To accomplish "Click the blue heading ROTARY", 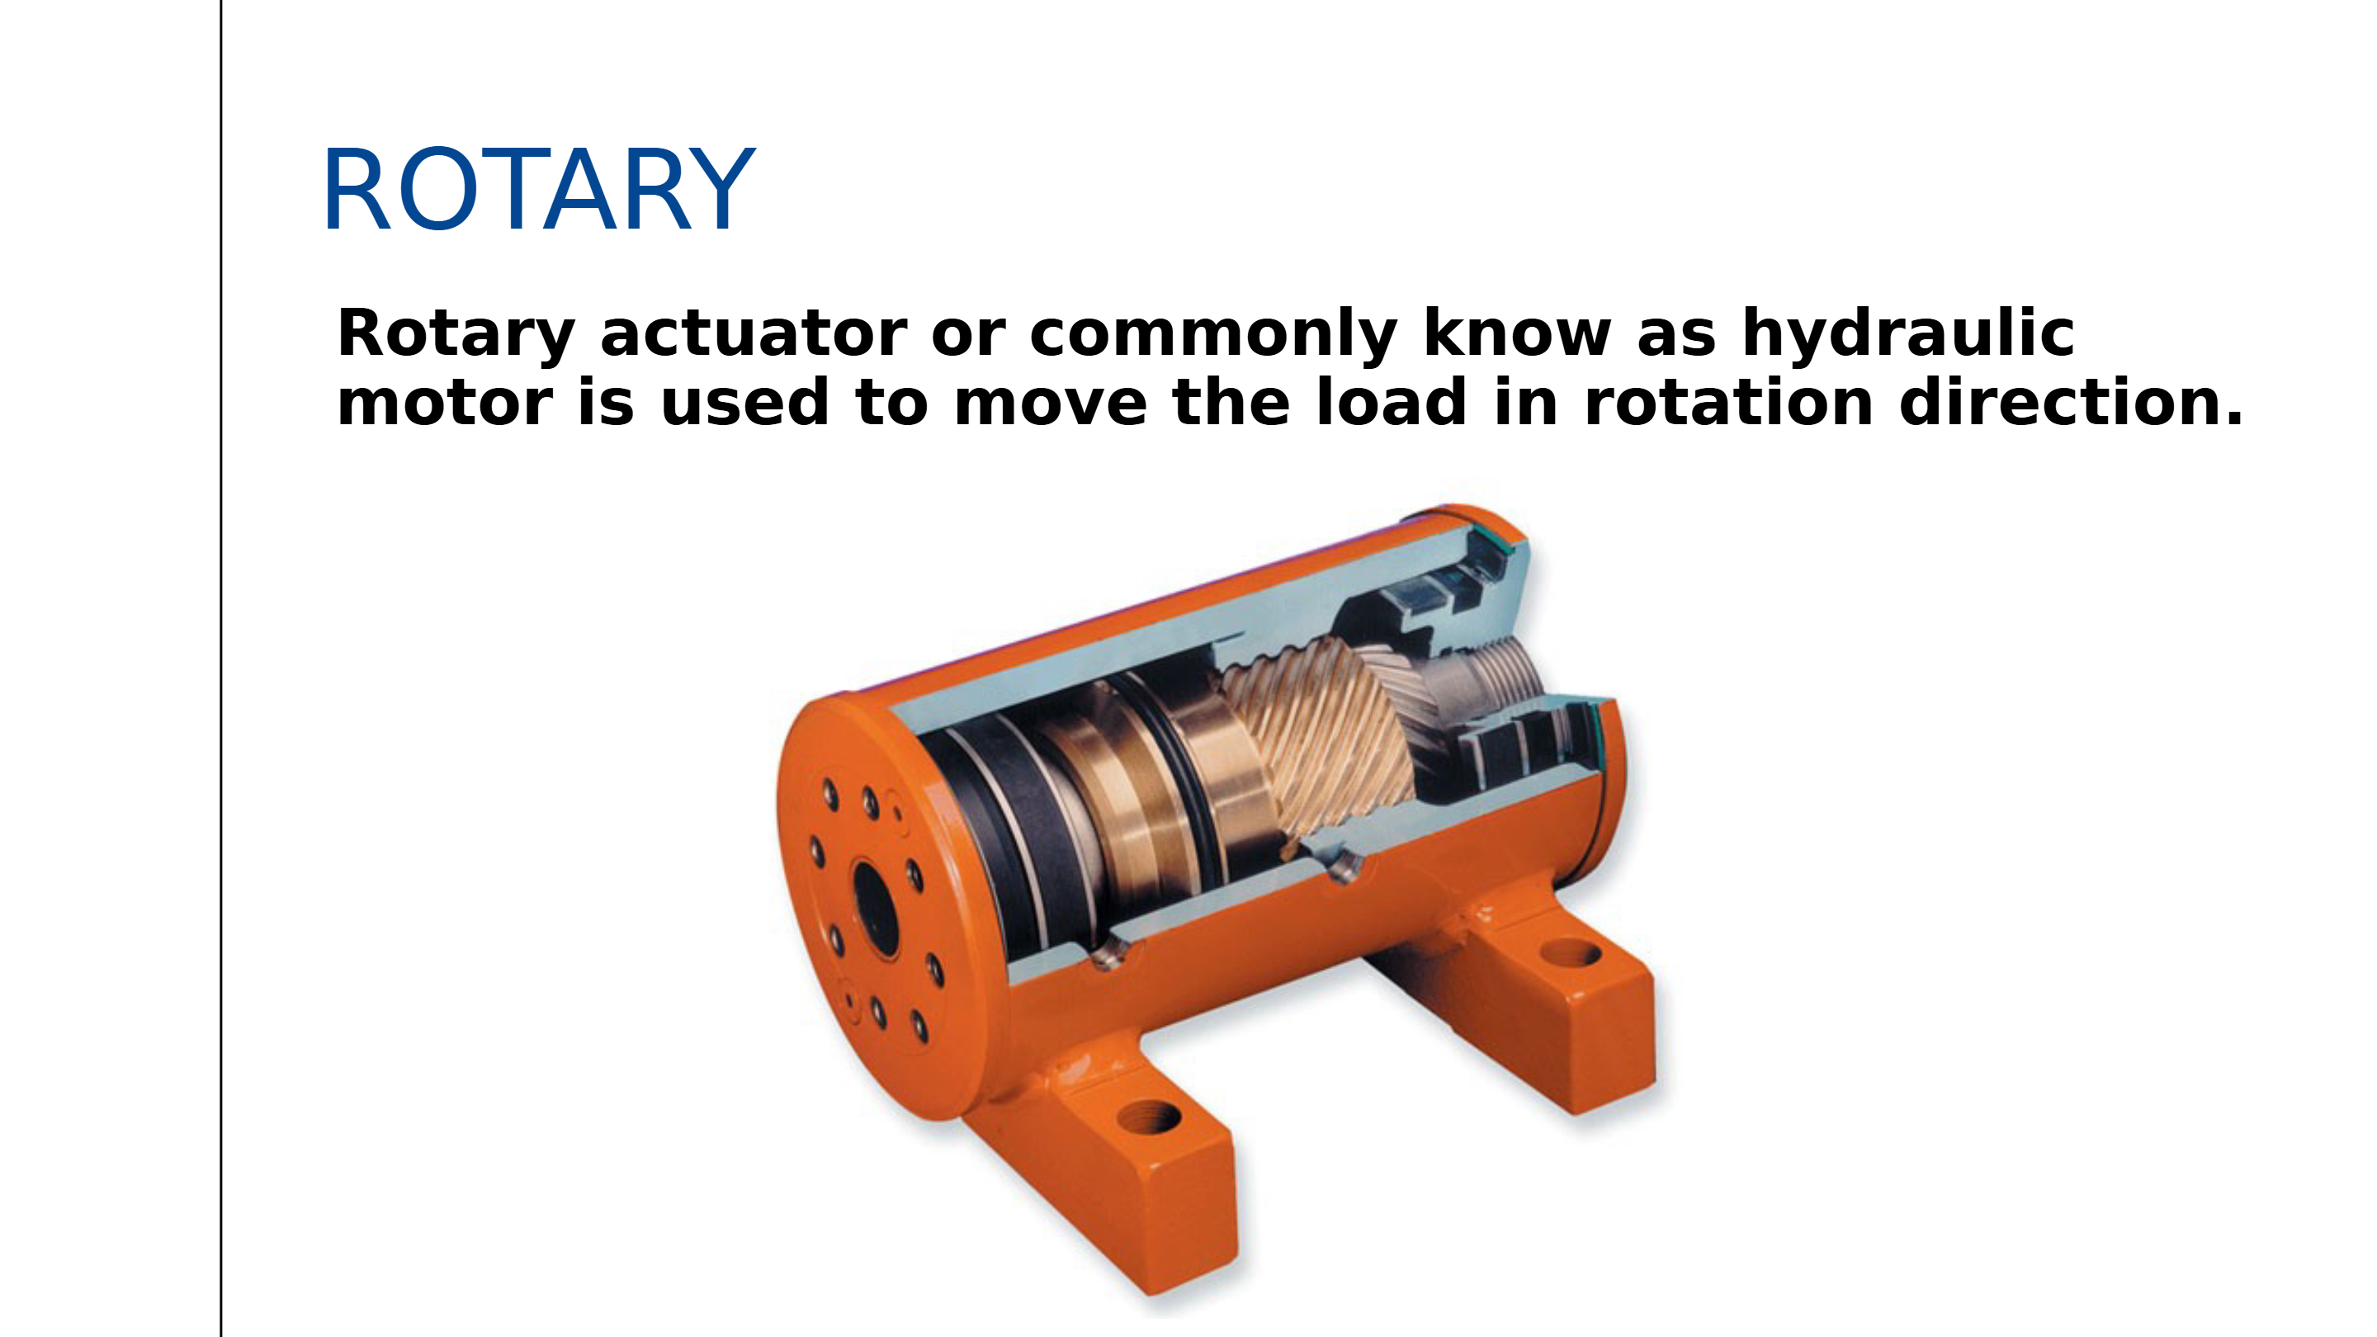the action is (x=539, y=189).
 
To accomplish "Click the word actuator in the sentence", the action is (x=754, y=333).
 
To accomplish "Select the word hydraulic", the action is (x=1908, y=333).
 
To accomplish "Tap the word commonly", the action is (x=1213, y=333).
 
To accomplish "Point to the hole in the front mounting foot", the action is (x=1148, y=1118).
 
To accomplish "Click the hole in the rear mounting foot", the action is (x=1571, y=952).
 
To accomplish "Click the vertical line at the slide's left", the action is (x=221, y=668).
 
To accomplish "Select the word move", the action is (x=1050, y=404).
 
